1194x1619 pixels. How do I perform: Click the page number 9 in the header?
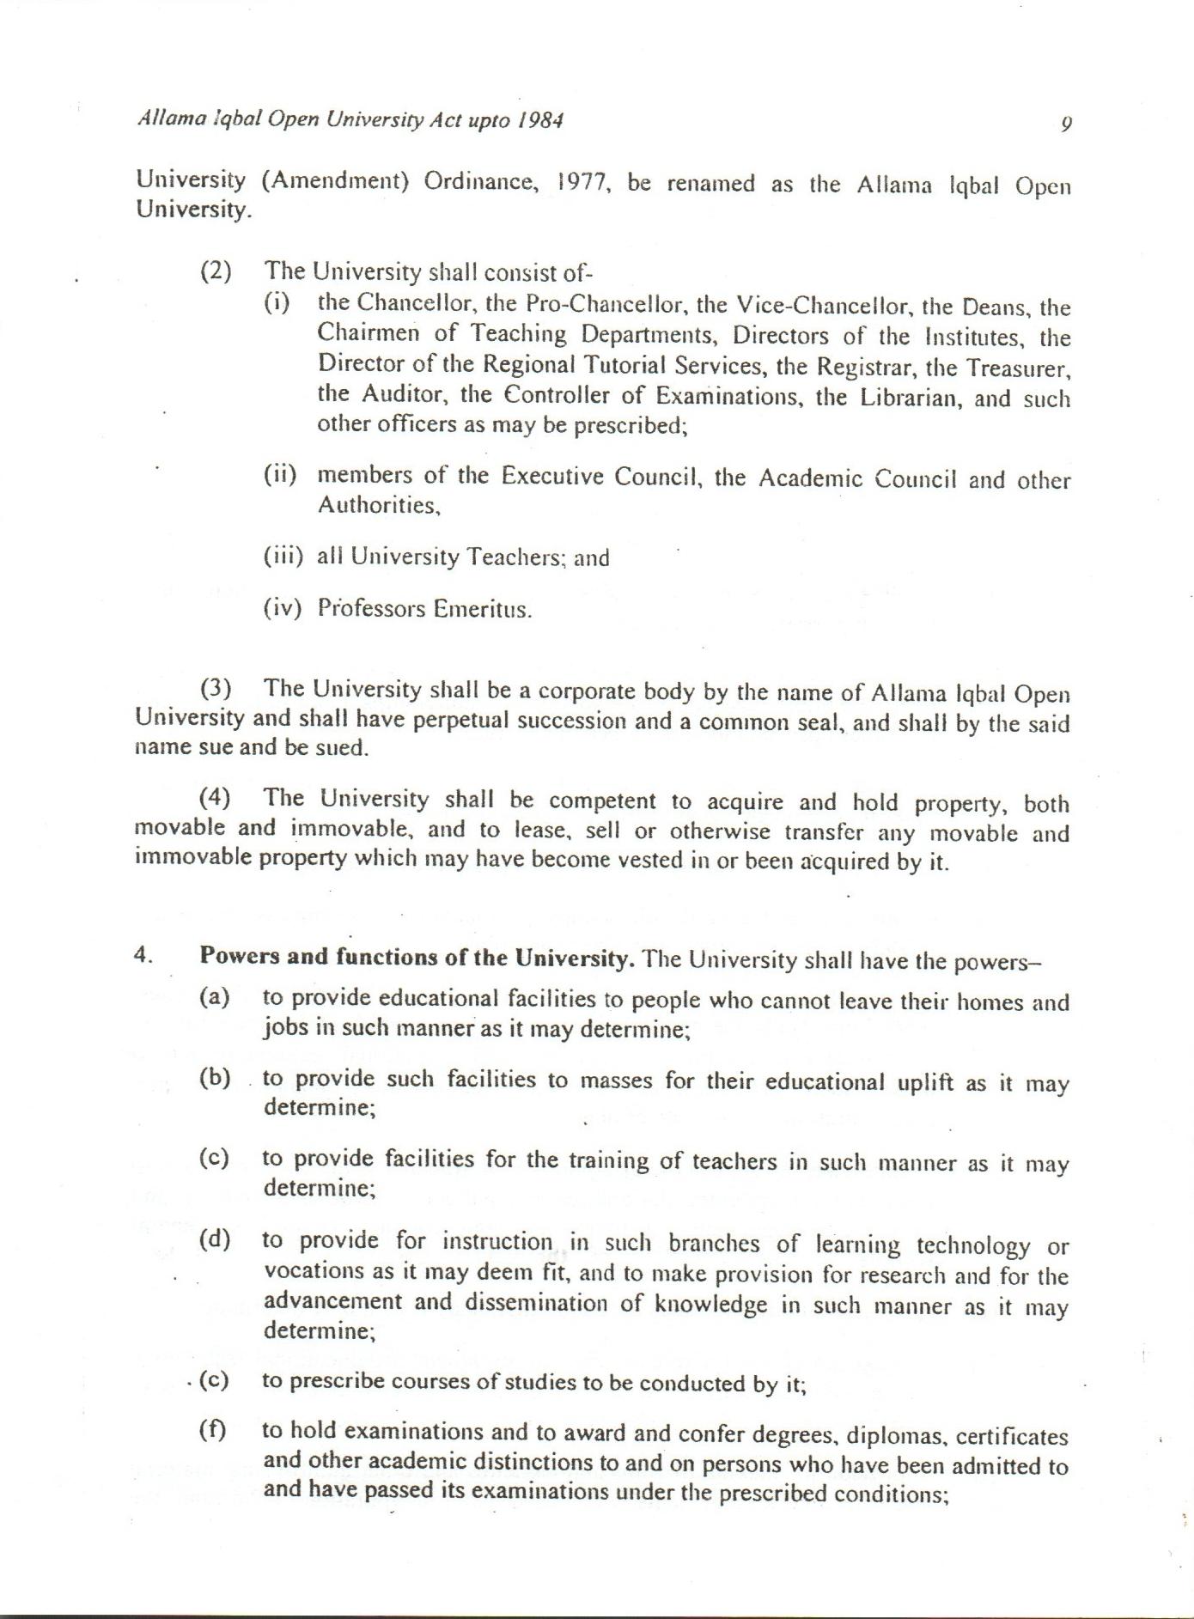tap(1066, 124)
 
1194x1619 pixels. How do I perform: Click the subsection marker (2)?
tap(216, 271)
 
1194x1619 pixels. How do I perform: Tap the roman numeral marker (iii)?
tap(283, 557)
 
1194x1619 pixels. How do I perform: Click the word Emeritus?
tap(482, 609)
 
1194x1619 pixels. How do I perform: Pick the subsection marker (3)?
tap(216, 689)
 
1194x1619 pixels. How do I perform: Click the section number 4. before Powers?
tap(143, 956)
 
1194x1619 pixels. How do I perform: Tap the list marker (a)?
tap(215, 997)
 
